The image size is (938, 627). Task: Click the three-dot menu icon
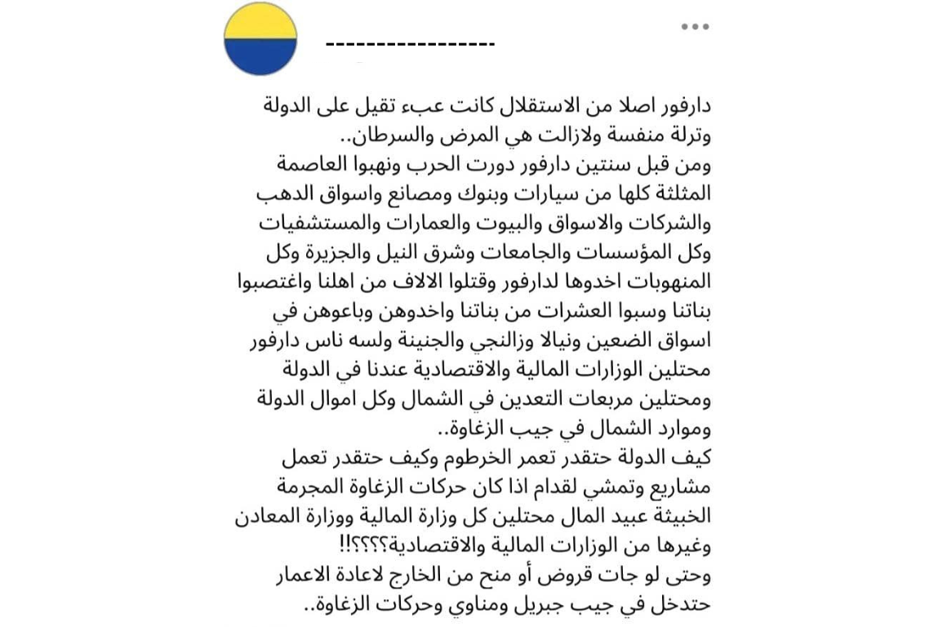coord(695,27)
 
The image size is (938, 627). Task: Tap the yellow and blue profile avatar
coord(260,39)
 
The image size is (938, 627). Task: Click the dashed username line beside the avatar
coord(410,43)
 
